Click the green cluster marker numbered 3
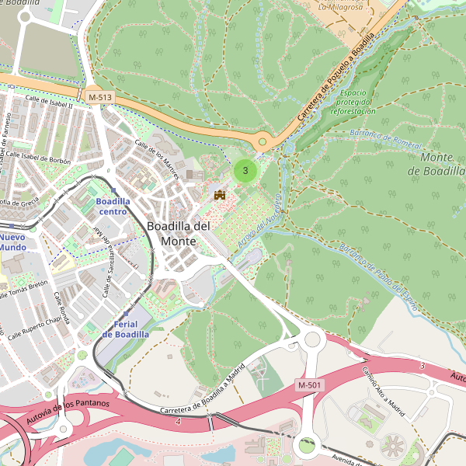(x=245, y=170)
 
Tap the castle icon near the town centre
(x=220, y=194)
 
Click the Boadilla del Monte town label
(x=178, y=233)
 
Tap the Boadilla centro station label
(x=112, y=206)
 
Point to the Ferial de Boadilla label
(x=125, y=329)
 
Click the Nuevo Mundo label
(x=12, y=242)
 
